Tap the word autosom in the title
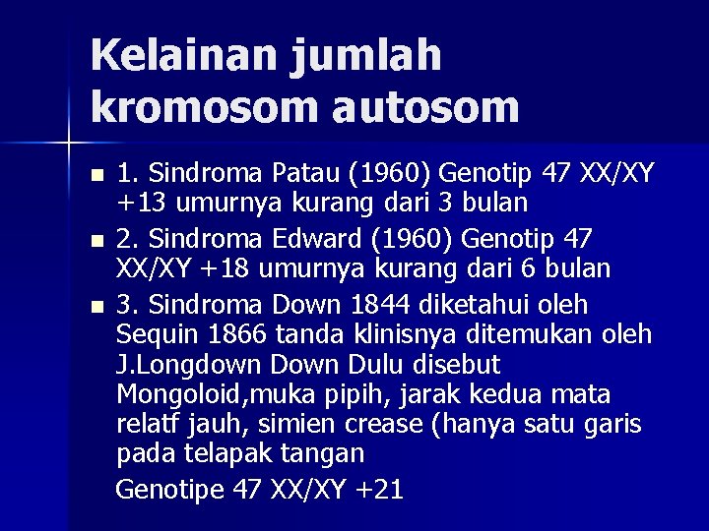(425, 107)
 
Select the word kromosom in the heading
(204, 107)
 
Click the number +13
(139, 205)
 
